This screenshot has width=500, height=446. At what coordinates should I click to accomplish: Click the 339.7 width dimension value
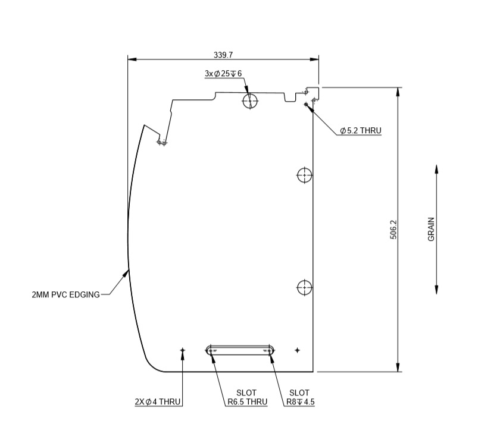(x=223, y=55)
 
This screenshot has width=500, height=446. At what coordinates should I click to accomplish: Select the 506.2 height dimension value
(x=393, y=230)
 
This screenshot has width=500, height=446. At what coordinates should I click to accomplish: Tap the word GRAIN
(x=432, y=229)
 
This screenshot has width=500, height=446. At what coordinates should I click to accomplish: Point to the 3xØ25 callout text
(x=224, y=74)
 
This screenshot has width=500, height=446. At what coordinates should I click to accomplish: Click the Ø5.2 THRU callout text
(x=360, y=130)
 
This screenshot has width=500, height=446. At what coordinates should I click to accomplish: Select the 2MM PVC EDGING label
(x=66, y=294)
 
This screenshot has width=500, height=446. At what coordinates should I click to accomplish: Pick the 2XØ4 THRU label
(x=158, y=402)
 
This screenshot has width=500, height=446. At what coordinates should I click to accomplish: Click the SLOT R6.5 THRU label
(x=246, y=398)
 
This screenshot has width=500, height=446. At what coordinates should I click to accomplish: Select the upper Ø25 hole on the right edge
(x=304, y=175)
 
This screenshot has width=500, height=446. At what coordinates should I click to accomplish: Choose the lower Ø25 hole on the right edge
(x=304, y=287)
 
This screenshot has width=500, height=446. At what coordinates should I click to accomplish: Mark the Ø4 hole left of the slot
(x=183, y=351)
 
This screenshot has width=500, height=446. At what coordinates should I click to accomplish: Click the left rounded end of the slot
(x=210, y=350)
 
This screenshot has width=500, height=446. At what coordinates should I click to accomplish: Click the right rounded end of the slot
(x=270, y=350)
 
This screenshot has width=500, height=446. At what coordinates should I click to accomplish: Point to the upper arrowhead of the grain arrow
(x=436, y=169)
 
